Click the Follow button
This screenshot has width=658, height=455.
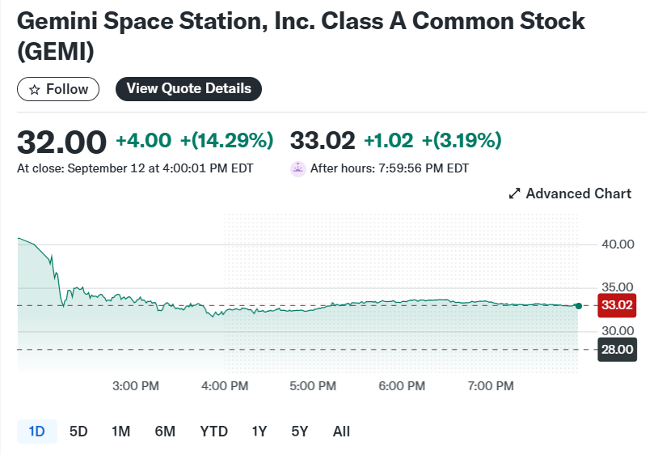tap(58, 89)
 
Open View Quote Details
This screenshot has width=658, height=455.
tap(188, 89)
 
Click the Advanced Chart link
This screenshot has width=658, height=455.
tap(570, 193)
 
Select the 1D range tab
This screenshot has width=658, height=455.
tap(36, 432)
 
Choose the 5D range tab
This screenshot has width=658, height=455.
tap(78, 432)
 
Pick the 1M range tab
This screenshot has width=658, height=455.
tap(120, 432)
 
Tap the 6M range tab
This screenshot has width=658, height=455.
tap(165, 432)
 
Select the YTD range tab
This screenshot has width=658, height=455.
tap(214, 432)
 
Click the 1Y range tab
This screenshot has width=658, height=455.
tap(259, 432)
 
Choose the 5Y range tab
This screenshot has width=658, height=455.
tap(300, 432)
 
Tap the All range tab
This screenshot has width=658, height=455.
tap(341, 432)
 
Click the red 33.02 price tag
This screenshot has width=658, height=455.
tap(617, 305)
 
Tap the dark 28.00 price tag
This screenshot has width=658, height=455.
tap(617, 350)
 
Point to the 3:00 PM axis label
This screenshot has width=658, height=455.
tap(136, 386)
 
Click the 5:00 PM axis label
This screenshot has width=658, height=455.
tap(314, 386)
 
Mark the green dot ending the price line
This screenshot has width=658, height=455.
tap(578, 305)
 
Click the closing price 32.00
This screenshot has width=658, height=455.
tap(62, 142)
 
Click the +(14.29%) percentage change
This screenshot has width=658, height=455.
tap(226, 141)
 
